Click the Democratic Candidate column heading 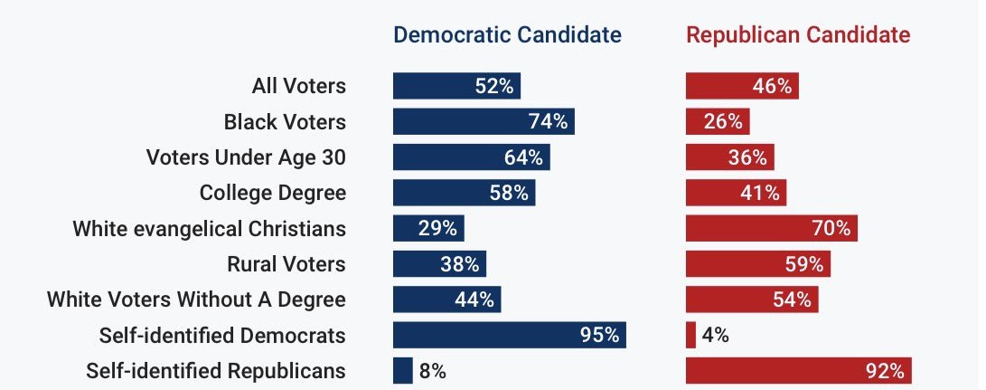pos(507,35)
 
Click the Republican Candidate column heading pos(798,35)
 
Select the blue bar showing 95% pos(509,335)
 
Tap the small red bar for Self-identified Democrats pos(690,335)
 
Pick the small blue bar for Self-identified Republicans pos(402,370)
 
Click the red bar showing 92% pos(798,370)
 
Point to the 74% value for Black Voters pos(548,121)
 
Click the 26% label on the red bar pos(723,121)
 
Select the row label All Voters pos(298,86)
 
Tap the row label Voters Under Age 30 pos(246,157)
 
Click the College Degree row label pos(272,193)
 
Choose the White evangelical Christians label pos(209,228)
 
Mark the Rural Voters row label pos(286,264)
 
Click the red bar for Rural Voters pos(757,264)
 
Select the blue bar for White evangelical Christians pos(427,228)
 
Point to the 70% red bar pos(771,228)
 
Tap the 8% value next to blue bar pos(432,370)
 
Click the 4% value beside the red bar pos(715,335)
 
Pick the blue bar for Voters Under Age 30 pos(471,157)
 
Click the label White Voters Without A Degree pos(196,300)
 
